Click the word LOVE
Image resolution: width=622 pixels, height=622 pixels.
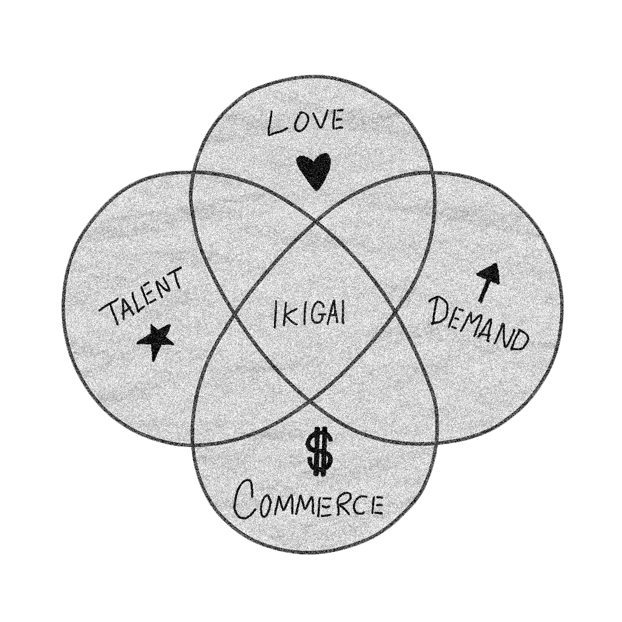pos(306,122)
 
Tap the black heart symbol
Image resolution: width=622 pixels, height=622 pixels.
pos(314,171)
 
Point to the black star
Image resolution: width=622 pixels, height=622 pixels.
pos(155,341)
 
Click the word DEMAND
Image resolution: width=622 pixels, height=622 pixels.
pos(477,323)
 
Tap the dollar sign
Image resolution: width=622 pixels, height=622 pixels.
pos(319,452)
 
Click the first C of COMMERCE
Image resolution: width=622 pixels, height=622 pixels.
pos(247,500)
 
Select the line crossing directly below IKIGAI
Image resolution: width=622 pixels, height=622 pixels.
pos(311,402)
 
